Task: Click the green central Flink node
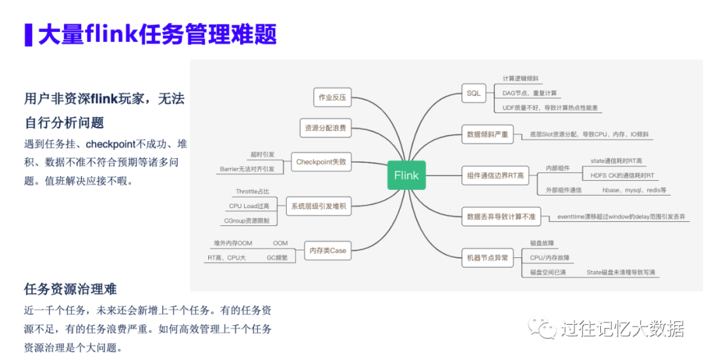(407, 175)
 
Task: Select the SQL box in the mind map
(473, 94)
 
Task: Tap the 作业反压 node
(332, 98)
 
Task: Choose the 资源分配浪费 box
(325, 128)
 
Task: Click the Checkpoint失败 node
(321, 162)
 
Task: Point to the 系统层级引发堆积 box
(319, 207)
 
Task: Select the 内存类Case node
(328, 250)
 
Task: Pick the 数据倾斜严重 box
(487, 134)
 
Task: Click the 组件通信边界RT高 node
(496, 175)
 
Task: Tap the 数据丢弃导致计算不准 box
(501, 216)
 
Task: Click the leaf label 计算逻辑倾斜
(520, 79)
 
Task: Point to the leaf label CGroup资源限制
(247, 221)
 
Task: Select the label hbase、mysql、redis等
(634, 190)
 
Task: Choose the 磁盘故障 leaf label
(542, 243)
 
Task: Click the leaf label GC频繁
(277, 258)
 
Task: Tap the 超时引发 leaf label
(263, 155)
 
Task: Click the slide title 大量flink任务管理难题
(157, 34)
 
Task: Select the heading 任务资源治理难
(71, 289)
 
